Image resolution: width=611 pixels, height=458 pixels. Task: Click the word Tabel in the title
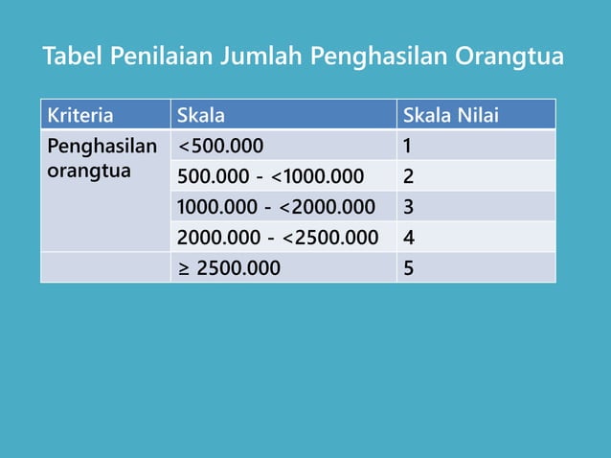73,57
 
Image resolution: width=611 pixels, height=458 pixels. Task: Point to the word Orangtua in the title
509,57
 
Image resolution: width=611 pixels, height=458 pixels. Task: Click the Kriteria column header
79,117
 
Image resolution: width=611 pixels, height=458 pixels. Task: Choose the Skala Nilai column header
451,117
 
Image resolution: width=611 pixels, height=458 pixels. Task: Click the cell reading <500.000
220,147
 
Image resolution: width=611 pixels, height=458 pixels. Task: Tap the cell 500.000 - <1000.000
270,177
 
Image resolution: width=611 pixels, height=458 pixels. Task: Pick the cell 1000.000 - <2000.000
276,207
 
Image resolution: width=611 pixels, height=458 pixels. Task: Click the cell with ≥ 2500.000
229,268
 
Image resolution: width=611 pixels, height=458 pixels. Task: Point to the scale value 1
408,147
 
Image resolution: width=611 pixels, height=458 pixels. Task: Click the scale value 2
409,177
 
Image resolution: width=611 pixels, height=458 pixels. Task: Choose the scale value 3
409,207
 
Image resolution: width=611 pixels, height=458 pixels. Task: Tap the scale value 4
409,238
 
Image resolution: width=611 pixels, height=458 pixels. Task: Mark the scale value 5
409,268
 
